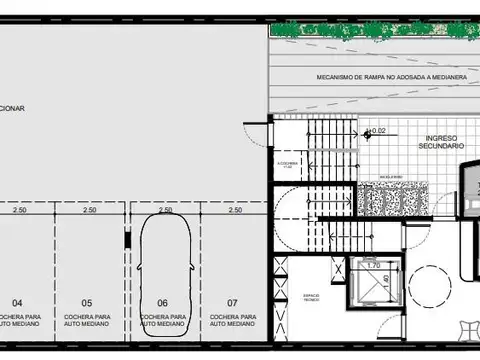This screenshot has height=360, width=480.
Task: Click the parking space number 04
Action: point(17,302)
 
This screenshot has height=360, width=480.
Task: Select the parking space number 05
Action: point(88,302)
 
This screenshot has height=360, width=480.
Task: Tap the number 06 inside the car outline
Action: point(161,302)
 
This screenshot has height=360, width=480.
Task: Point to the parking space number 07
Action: point(233,302)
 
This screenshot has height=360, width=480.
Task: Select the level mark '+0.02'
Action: point(377,131)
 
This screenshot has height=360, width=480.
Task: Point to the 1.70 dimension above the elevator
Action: point(372,266)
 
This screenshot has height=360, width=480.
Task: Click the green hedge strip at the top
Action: point(370,30)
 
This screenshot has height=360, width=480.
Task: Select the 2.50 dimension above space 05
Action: point(89,211)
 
